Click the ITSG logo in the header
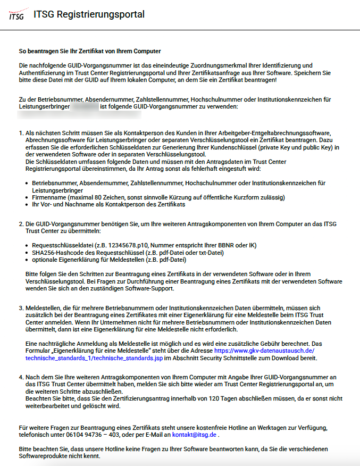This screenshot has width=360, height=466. [x=16, y=15]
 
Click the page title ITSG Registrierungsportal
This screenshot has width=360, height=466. [x=88, y=15]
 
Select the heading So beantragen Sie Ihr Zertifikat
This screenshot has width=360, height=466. [x=90, y=52]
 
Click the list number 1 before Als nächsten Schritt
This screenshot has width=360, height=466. [x=21, y=132]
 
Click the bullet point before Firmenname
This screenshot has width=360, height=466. [x=27, y=197]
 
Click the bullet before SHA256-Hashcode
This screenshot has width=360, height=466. [x=27, y=252]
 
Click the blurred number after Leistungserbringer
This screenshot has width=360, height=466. [x=85, y=106]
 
